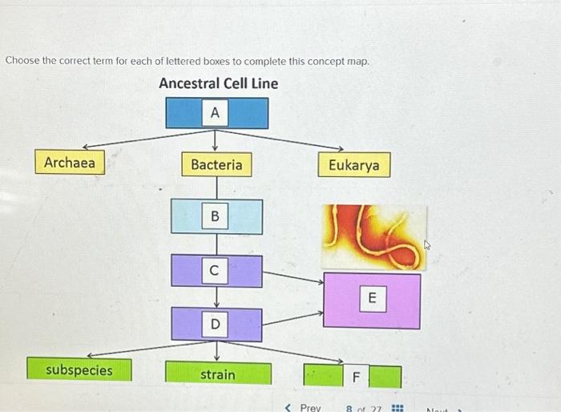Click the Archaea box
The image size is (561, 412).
coord(70,164)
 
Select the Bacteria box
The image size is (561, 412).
coord(216,165)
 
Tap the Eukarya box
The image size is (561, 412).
coord(354,166)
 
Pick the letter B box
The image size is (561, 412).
coord(215,216)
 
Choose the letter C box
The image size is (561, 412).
coord(214,272)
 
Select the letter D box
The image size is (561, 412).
coord(215,325)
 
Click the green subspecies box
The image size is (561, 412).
coord(79,370)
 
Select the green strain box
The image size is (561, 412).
coord(218,374)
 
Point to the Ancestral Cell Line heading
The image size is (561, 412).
coord(218,83)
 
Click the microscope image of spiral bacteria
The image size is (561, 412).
coord(374,236)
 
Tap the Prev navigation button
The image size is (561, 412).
coord(305,407)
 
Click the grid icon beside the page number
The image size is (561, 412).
coord(396,407)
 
